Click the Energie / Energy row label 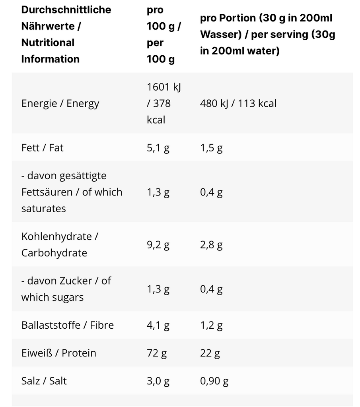point(60,103)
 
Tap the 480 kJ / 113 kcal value point(238,103)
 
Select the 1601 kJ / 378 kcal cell point(163,103)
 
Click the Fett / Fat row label point(43,148)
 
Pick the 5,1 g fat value point(158,148)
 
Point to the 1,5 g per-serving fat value point(211,148)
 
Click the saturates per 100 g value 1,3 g point(158,192)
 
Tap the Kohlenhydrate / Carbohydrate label point(60,244)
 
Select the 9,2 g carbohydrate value point(158,244)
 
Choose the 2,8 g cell point(211,244)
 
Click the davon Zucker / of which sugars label point(66,289)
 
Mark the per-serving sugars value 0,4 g point(211,289)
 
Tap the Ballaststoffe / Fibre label point(68,325)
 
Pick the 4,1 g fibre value point(158,325)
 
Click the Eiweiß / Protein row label point(58,353)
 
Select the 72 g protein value point(157,353)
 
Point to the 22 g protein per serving point(210,353)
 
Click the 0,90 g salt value point(214,381)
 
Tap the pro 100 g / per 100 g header point(163,35)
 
